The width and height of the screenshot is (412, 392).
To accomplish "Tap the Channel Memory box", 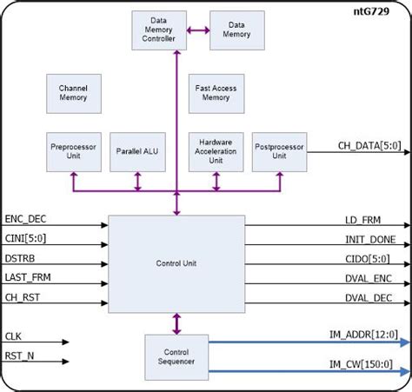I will click(x=73, y=93).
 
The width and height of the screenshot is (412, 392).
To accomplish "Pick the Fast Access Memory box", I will click(x=214, y=93).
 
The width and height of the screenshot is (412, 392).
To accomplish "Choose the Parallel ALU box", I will click(x=136, y=150).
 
